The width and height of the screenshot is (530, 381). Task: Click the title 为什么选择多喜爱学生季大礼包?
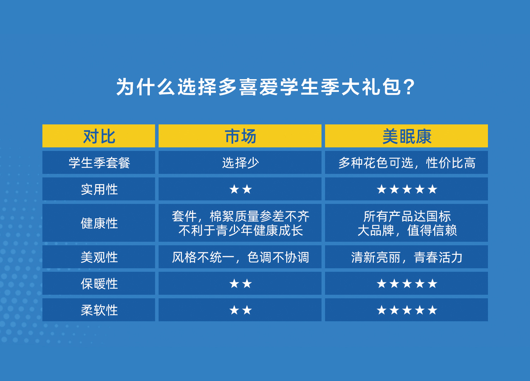[265, 87]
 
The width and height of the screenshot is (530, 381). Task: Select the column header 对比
[99, 136]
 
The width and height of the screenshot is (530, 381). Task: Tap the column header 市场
[240, 136]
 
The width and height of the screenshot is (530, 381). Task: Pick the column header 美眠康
[407, 136]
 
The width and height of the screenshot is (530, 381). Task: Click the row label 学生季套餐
[99, 163]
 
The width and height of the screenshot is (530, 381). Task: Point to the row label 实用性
[99, 189]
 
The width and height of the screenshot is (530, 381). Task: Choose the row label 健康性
[99, 223]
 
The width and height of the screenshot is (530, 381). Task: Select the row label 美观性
[99, 257]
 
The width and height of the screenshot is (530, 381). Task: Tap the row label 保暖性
[99, 283]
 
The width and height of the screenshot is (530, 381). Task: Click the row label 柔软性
[99, 310]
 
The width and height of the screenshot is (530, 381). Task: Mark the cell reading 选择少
[240, 163]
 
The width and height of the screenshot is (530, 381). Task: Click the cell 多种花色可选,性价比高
[407, 163]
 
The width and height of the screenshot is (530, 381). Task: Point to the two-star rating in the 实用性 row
[240, 189]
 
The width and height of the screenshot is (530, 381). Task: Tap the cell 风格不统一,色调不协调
[240, 257]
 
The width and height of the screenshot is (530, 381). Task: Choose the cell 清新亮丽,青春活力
[407, 257]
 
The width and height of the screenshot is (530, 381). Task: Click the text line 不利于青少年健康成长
[240, 230]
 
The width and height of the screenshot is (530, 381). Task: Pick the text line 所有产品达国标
[407, 216]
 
